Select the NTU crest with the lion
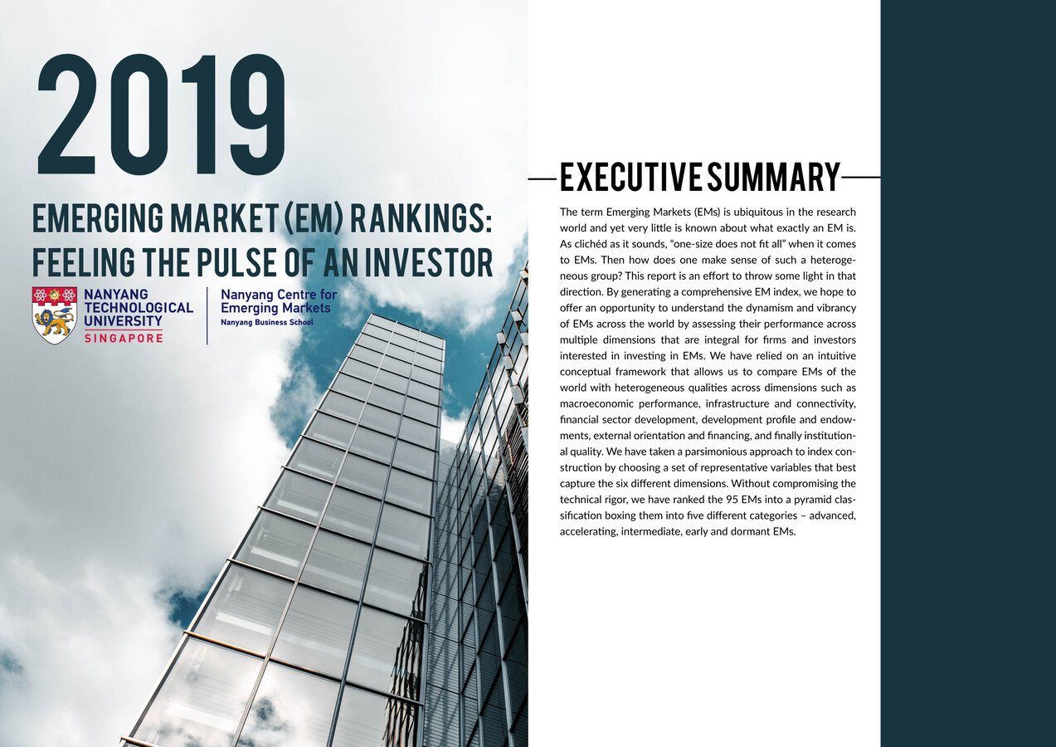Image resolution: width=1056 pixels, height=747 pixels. pos(54,315)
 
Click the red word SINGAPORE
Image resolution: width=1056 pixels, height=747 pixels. pos(124,338)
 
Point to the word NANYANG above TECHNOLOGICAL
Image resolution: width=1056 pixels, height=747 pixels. pos(116,295)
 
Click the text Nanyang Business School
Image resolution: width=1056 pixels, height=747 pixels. pos(267,322)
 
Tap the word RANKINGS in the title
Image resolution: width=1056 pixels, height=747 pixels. pos(421,218)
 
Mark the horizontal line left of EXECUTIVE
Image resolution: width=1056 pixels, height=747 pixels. pos(543,178)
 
